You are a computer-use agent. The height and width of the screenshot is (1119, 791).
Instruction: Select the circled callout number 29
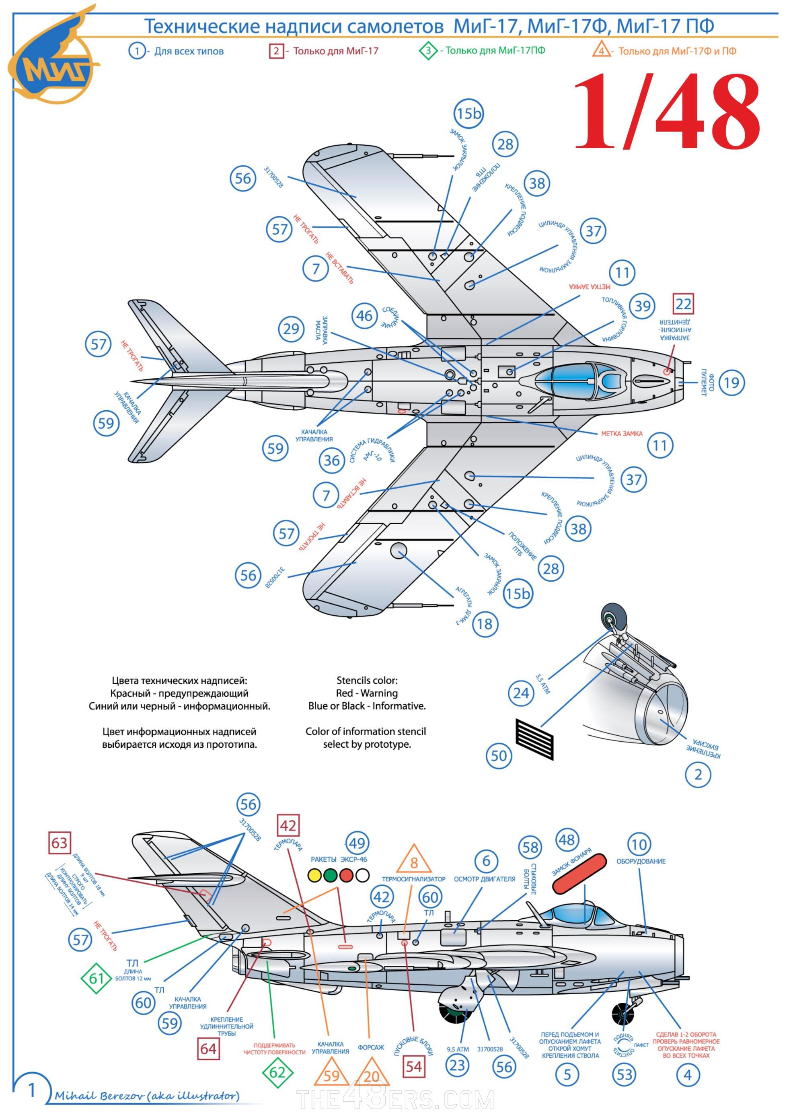coord(291,329)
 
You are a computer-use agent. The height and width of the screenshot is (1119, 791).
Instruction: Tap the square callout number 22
coord(683,304)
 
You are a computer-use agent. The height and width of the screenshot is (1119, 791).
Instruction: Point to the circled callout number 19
coord(731,383)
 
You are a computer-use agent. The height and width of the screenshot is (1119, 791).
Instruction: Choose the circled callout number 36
coord(332,460)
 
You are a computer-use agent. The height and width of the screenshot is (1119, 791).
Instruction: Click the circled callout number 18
coord(485,624)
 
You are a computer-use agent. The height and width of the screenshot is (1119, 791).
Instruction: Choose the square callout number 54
coord(414,1066)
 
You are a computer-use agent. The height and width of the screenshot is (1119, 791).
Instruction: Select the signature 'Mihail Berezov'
coord(146,1096)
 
